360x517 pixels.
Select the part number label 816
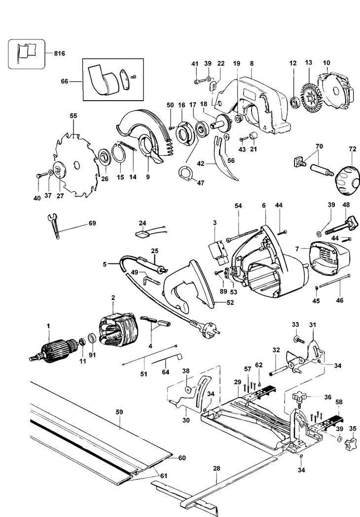(x=59, y=53)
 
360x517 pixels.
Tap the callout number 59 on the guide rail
(x=119, y=412)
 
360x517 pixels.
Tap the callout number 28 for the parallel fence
(x=216, y=468)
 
